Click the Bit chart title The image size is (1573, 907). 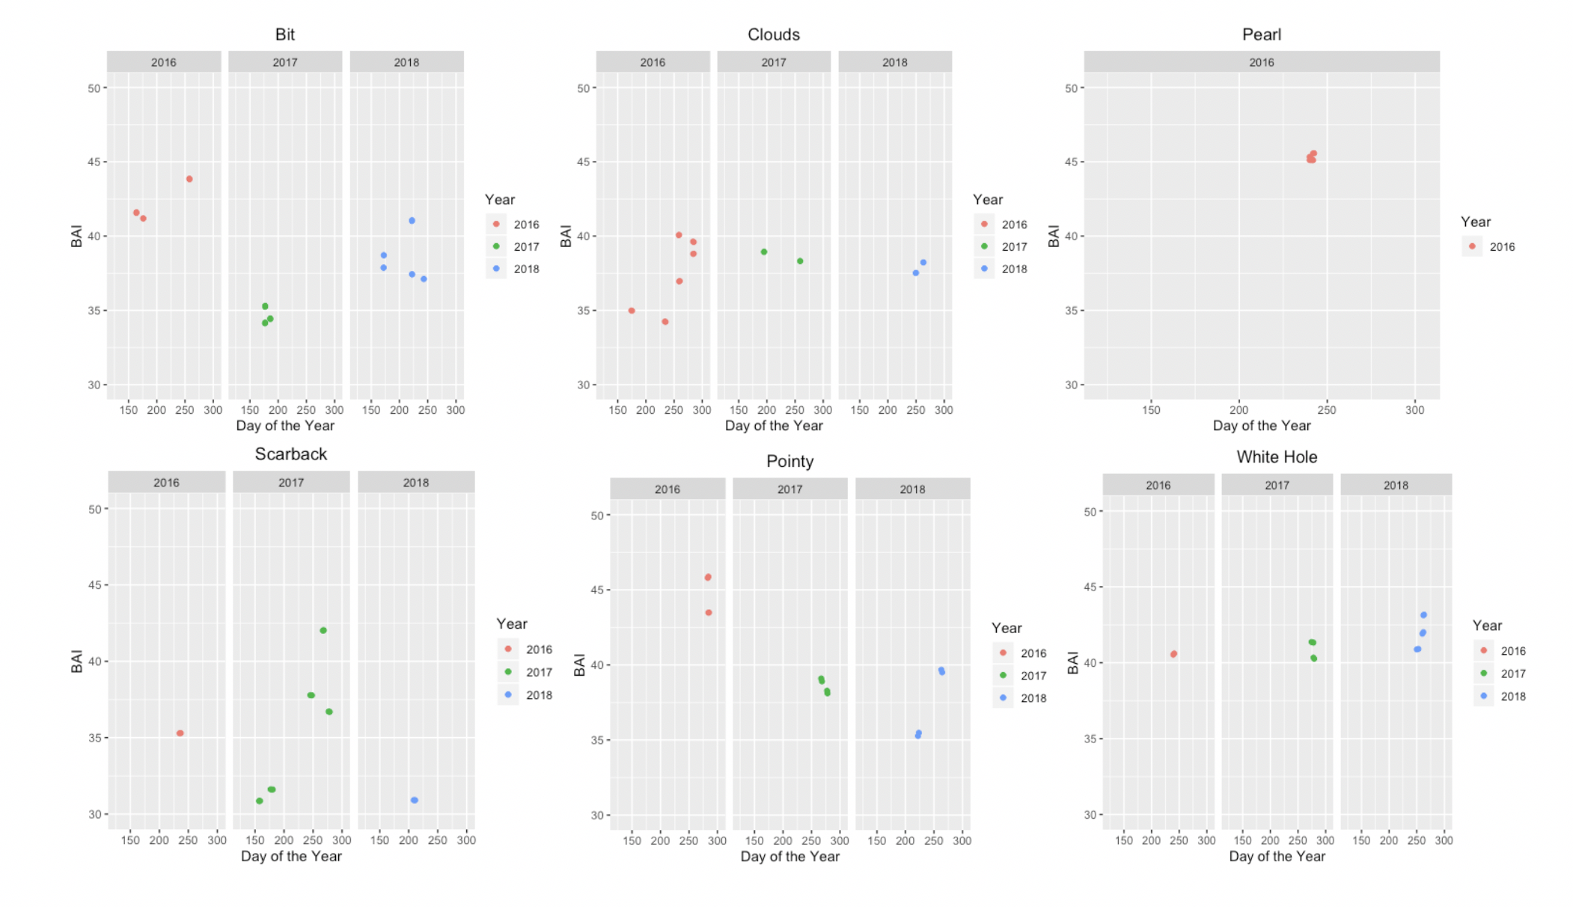click(x=284, y=34)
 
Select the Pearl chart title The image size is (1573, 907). click(x=1261, y=34)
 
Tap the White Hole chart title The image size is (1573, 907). click(x=1276, y=456)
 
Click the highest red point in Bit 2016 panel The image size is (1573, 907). click(x=189, y=179)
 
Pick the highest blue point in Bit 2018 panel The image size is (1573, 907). click(x=412, y=221)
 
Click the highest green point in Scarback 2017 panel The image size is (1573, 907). click(x=323, y=630)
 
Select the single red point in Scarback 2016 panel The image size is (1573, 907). click(x=180, y=733)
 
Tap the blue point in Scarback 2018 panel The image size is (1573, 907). click(x=414, y=800)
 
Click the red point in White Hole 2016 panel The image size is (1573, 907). click(x=1173, y=654)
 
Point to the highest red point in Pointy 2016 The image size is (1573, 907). click(x=708, y=577)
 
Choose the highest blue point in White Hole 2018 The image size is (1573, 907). click(x=1423, y=615)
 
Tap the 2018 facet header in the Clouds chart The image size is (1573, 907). click(x=894, y=62)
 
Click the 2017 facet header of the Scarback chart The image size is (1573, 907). click(x=291, y=483)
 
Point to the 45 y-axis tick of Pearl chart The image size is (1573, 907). click(x=1071, y=162)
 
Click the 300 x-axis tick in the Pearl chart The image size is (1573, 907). click(x=1414, y=410)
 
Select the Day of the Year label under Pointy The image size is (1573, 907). click(x=789, y=856)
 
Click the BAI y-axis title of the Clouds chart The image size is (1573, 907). click(x=566, y=236)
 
